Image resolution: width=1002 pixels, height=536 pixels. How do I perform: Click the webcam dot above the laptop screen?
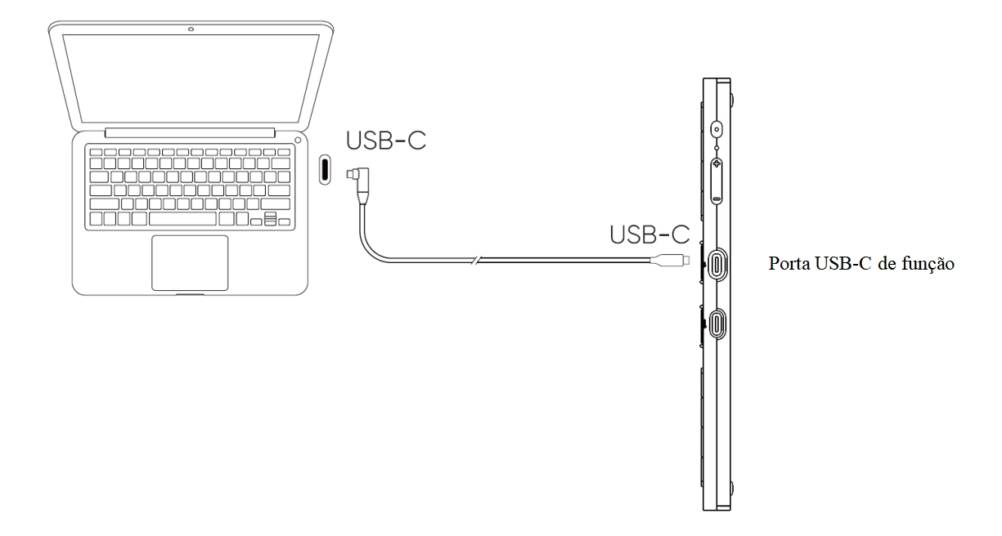[x=191, y=29]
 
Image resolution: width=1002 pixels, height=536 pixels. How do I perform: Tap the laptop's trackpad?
[x=190, y=263]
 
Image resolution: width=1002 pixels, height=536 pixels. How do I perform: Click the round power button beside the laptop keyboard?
[x=298, y=141]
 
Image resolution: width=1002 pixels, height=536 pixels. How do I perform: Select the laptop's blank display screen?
[x=191, y=78]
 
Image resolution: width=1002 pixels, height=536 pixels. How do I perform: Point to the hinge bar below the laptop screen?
[x=190, y=132]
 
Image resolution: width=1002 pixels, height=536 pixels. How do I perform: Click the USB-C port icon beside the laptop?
[x=325, y=169]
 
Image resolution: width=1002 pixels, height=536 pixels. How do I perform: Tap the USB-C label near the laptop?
[x=386, y=141]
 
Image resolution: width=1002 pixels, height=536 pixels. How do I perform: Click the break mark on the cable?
[x=476, y=260]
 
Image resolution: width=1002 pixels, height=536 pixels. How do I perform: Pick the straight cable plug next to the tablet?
[x=670, y=260]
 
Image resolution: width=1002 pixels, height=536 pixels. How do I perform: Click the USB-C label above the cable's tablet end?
[x=650, y=234]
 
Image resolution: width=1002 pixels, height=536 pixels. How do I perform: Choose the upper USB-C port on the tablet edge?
[x=717, y=265]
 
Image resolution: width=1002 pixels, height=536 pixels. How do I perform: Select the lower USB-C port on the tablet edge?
[x=717, y=324]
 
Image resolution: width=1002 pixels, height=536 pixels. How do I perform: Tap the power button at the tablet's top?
[x=717, y=130]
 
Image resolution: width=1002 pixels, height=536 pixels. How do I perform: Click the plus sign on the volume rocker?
[x=717, y=164]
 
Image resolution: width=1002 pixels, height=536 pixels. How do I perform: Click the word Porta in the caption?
[x=789, y=264]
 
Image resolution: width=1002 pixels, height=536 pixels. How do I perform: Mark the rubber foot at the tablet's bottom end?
[x=732, y=488]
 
